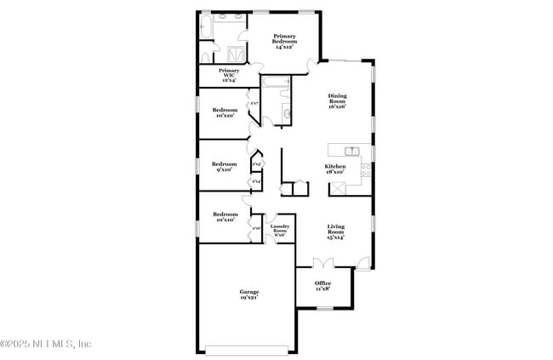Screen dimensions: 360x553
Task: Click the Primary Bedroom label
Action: [x=284, y=41]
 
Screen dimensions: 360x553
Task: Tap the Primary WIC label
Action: [x=229, y=74]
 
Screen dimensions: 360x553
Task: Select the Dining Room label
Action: [x=337, y=100]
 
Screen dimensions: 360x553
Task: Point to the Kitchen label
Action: [x=334, y=169]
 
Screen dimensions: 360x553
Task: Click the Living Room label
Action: [x=337, y=232]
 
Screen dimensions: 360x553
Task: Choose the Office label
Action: [x=322, y=285]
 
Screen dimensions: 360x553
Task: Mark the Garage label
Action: [x=248, y=294]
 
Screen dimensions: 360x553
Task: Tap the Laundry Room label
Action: [x=280, y=229]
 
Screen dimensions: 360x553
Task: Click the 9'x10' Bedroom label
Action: [x=224, y=166]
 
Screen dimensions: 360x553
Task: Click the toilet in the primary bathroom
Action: [x=206, y=54]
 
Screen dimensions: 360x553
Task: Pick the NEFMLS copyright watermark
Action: [x=46, y=345]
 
